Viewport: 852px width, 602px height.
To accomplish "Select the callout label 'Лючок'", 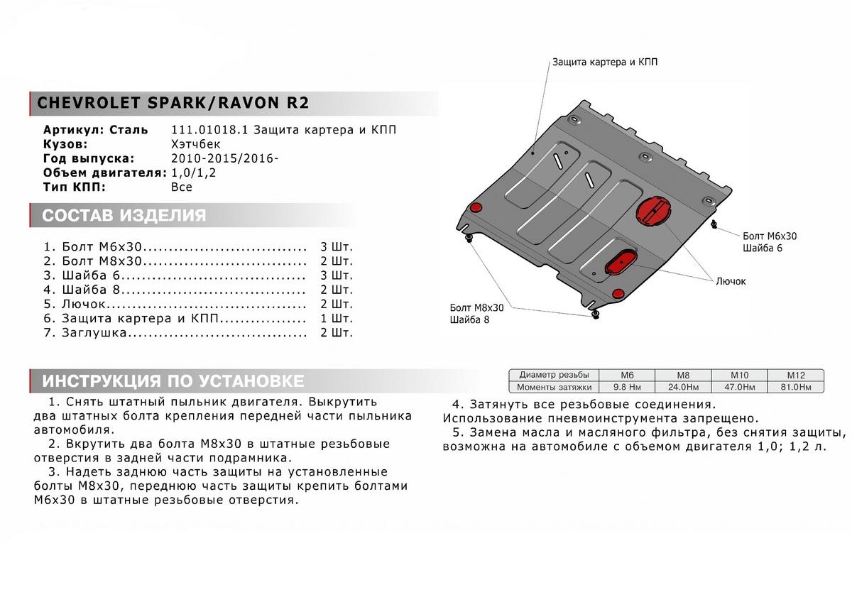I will click(731, 281).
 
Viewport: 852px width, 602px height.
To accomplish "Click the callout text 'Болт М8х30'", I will click(476, 307).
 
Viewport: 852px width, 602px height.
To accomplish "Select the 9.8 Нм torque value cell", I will click(626, 387).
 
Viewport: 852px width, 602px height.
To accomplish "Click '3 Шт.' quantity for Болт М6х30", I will click(336, 247).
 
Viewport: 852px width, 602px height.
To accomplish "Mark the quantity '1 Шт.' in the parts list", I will click(336, 318).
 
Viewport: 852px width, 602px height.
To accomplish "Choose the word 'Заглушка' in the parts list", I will click(94, 332).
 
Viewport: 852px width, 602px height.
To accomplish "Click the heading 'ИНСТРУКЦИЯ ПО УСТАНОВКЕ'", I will click(173, 381).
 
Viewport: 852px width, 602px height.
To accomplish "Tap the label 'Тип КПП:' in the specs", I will click(75, 187).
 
